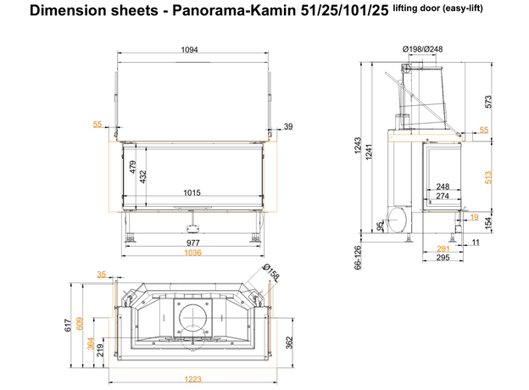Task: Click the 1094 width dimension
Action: [x=189, y=50]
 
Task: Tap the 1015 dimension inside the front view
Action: [x=192, y=193]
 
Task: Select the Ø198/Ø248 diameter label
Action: [x=422, y=50]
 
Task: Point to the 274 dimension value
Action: [x=442, y=197]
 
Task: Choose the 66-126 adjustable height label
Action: [x=359, y=256]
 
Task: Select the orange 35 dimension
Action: [x=102, y=275]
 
